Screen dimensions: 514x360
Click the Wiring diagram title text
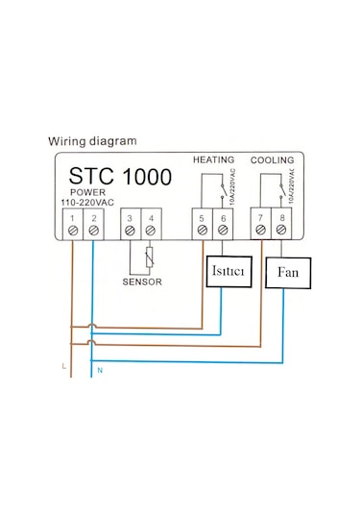pyautogui.click(x=92, y=141)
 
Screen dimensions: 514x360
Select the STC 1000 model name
pyautogui.click(x=120, y=177)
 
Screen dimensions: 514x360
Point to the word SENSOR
pyautogui.click(x=142, y=282)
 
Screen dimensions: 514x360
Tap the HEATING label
pyautogui.click(x=213, y=159)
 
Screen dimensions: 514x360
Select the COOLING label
pyautogui.click(x=273, y=159)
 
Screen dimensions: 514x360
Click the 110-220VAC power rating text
pyautogui.click(x=88, y=204)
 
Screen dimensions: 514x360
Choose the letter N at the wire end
pyautogui.click(x=100, y=372)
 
